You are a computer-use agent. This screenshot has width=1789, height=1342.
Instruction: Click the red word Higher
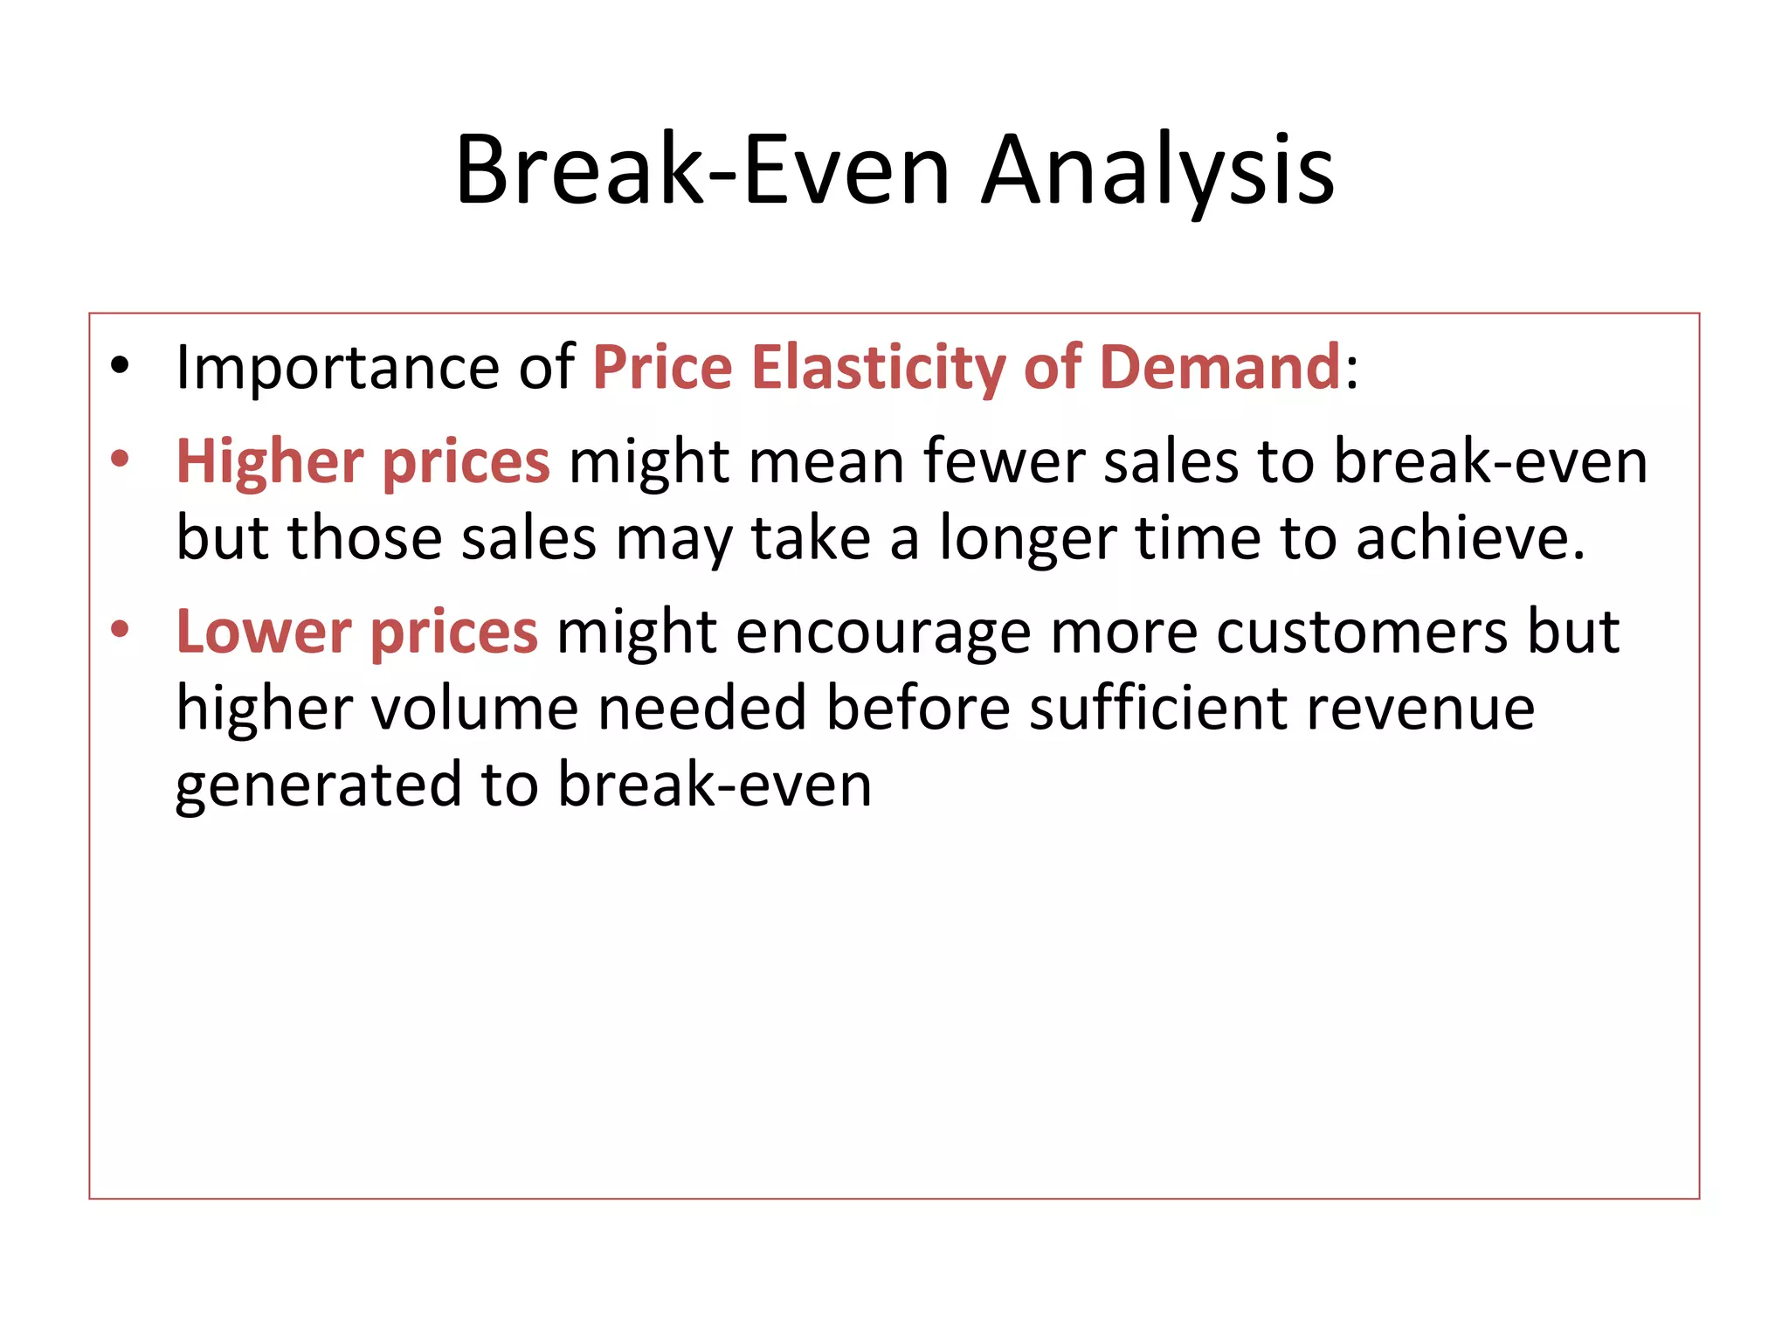[x=269, y=462]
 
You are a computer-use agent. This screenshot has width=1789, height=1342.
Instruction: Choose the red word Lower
[x=263, y=632]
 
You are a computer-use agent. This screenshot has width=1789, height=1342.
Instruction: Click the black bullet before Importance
[x=120, y=367]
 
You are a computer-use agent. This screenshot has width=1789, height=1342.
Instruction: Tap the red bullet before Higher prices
[x=120, y=460]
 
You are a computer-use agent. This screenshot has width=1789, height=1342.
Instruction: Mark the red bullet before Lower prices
[x=120, y=629]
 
